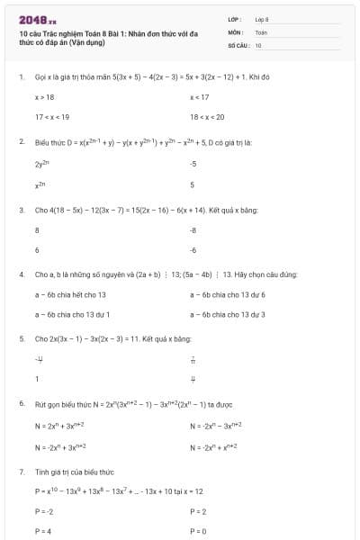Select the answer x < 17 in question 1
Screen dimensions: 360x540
pyautogui.click(x=200, y=96)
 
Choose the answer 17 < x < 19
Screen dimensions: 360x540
pyautogui.click(x=52, y=117)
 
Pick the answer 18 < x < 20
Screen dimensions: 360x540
pyautogui.click(x=207, y=117)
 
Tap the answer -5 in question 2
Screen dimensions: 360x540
pyautogui.click(x=193, y=164)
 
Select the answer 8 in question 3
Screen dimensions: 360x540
pyautogui.click(x=37, y=229)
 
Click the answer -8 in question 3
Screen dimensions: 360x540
pyautogui.click(x=193, y=229)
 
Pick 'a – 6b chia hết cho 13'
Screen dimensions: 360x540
pyautogui.click(x=71, y=294)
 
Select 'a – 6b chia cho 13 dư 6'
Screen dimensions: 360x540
pyautogui.click(x=228, y=294)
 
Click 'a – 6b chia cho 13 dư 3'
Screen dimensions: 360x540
pyautogui.click(x=228, y=314)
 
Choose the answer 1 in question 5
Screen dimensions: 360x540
pyautogui.click(x=37, y=379)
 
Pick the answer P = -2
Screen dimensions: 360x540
pyautogui.click(x=44, y=510)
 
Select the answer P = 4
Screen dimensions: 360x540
pyautogui.click(x=43, y=531)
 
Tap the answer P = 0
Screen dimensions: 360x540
pyautogui.click(x=199, y=531)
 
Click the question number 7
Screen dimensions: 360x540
pyautogui.click(x=21, y=472)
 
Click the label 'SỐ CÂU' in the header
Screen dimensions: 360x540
pyautogui.click(x=238, y=44)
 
